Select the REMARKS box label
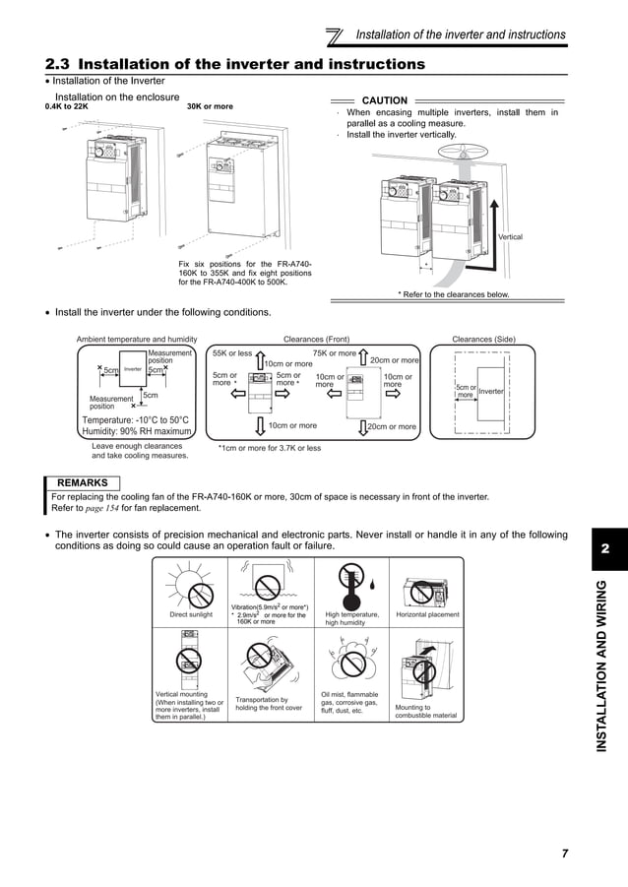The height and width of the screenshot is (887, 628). point(83,482)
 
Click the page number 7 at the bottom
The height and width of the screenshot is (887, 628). point(565,853)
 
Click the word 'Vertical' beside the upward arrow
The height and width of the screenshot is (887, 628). point(510,237)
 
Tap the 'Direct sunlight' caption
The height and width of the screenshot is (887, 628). point(190,614)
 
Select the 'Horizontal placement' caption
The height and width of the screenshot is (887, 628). point(427,614)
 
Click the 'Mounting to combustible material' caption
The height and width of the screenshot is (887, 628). point(425,711)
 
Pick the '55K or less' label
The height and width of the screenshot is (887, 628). point(232,352)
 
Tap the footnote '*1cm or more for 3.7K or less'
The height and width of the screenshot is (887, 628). point(269,447)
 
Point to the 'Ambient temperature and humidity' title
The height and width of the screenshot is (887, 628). point(137,340)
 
